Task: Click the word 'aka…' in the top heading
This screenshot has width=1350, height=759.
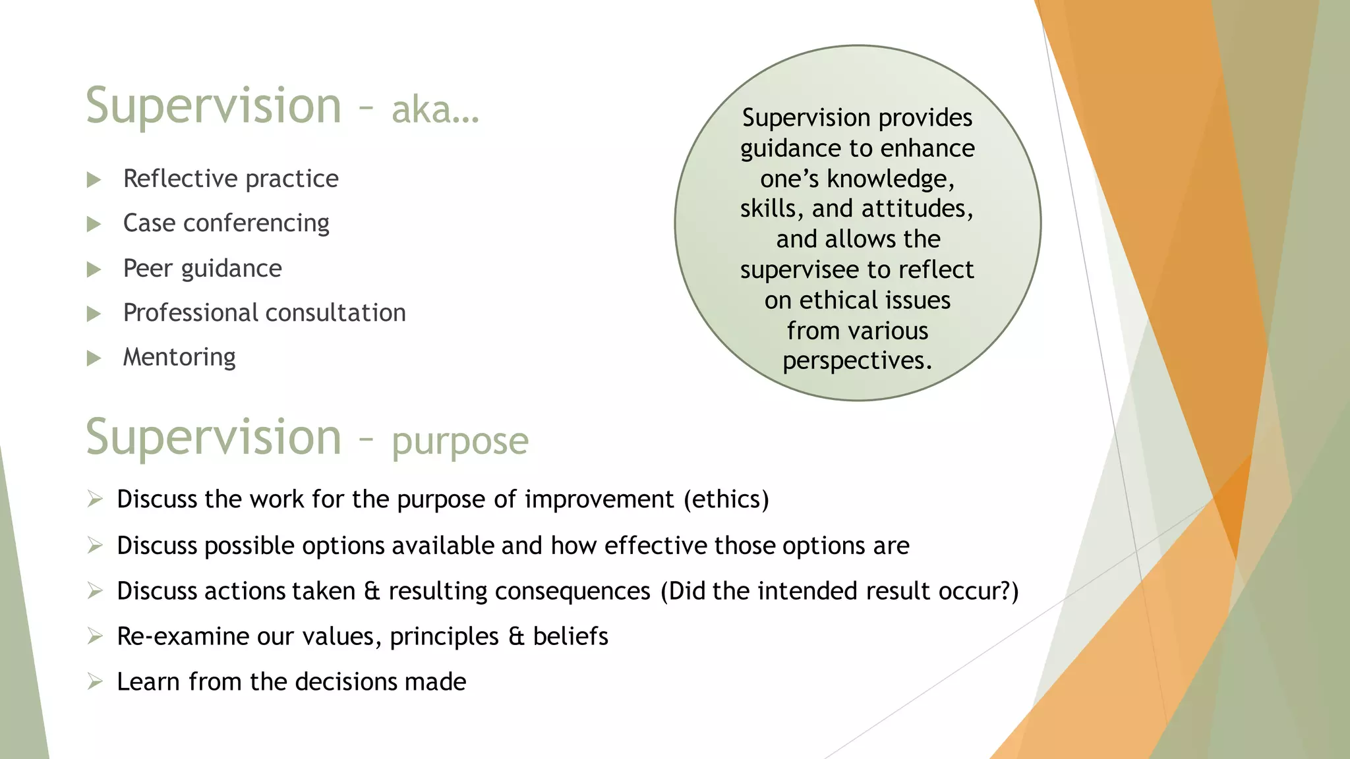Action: pyautogui.click(x=435, y=109)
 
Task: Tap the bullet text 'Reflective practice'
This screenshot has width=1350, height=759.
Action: pyautogui.click(x=231, y=179)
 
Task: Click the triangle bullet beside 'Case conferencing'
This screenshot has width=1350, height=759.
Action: pyautogui.click(x=94, y=225)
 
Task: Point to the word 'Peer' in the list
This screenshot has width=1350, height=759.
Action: pyautogui.click(x=148, y=269)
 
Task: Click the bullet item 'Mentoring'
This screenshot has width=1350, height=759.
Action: pyautogui.click(x=179, y=357)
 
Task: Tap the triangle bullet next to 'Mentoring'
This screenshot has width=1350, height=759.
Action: pyautogui.click(x=94, y=358)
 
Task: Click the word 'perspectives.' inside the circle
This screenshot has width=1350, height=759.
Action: pyautogui.click(x=857, y=361)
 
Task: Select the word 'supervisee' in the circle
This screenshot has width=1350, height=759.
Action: pyautogui.click(x=799, y=270)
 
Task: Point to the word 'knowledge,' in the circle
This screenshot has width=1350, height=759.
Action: pyautogui.click(x=890, y=179)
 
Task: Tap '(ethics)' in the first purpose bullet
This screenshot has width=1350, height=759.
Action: pyautogui.click(x=726, y=499)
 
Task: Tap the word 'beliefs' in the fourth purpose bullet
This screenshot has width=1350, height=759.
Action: pyautogui.click(x=570, y=636)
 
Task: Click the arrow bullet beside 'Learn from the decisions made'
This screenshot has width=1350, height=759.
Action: pyautogui.click(x=95, y=681)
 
